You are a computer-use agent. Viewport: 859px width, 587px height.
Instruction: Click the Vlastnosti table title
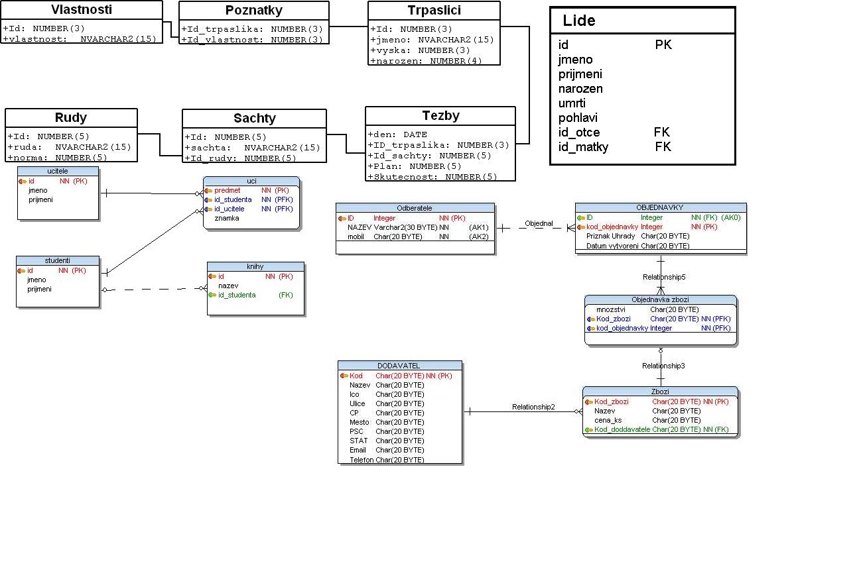[x=82, y=10]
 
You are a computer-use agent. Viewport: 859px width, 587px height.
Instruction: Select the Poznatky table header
[x=253, y=11]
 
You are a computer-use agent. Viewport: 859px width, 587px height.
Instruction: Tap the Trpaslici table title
[x=434, y=11]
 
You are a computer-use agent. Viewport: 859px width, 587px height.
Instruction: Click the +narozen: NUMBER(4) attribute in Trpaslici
[x=426, y=60]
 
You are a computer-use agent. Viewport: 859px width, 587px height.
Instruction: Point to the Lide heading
[x=579, y=21]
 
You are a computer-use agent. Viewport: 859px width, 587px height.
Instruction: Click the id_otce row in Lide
[x=579, y=133]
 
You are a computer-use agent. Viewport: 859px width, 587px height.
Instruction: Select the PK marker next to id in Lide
[x=663, y=45]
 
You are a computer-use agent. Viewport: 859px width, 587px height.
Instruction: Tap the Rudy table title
[x=71, y=118]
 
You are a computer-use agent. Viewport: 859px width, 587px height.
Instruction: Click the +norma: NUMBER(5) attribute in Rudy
[x=58, y=158]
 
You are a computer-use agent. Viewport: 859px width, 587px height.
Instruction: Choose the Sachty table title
[x=254, y=119]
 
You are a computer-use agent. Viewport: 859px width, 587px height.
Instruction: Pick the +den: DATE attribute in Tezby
[x=398, y=134]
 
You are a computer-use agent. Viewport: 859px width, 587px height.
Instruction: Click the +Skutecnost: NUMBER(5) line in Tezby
[x=432, y=176]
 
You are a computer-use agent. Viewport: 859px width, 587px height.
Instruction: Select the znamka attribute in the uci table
[x=226, y=218]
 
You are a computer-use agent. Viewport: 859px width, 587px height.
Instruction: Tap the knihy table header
[x=255, y=266]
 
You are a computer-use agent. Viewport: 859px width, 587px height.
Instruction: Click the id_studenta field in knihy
[x=237, y=295]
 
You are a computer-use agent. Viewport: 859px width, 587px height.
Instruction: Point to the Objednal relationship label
[x=539, y=224]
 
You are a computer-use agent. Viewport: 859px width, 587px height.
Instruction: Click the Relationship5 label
[x=663, y=277]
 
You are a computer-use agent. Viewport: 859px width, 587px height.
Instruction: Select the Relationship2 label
[x=533, y=407]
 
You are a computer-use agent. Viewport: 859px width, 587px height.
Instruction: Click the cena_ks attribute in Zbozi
[x=608, y=420]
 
